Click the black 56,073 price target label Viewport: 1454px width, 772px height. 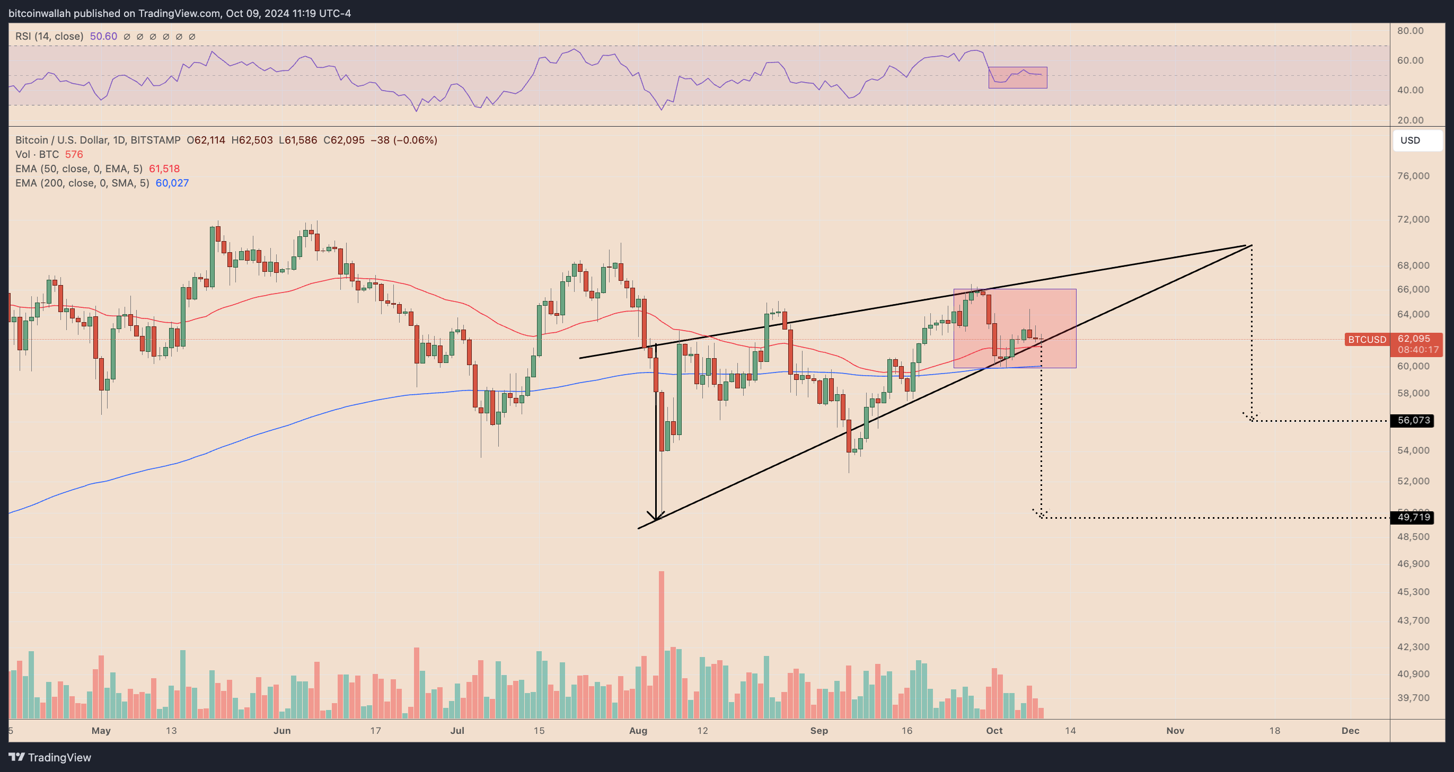[x=1413, y=420]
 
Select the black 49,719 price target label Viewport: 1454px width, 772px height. [x=1413, y=517]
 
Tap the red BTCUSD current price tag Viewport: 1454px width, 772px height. [x=1367, y=339]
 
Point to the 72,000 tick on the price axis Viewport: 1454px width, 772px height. [x=1413, y=219]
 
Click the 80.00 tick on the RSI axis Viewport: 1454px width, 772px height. [x=1410, y=31]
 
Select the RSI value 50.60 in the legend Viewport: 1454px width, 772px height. [x=103, y=36]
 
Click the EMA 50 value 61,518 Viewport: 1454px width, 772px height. [x=164, y=168]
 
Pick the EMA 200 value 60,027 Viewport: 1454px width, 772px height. [x=172, y=183]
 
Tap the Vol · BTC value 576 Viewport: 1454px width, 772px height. [x=74, y=155]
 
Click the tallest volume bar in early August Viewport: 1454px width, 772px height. [x=661, y=643]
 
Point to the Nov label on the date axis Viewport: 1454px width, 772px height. [x=1175, y=730]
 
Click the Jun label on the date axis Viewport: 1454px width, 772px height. [x=281, y=730]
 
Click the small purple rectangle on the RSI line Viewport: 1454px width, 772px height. [x=1017, y=77]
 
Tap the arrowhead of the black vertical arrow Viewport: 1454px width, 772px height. [x=655, y=517]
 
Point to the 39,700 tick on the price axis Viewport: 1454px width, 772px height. [x=1413, y=697]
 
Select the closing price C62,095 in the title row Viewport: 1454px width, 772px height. [x=343, y=140]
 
